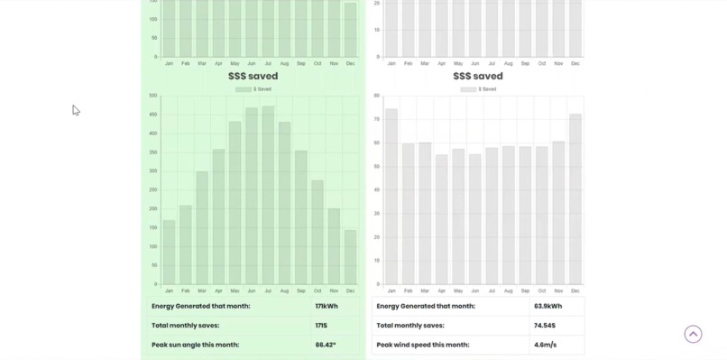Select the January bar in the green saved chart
click(169, 252)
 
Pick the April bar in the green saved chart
click(218, 217)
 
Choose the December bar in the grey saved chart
click(575, 199)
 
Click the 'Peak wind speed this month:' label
click(421, 345)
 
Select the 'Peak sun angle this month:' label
click(195, 345)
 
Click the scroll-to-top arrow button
click(693, 334)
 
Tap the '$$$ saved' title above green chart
click(253, 77)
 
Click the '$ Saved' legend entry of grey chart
click(478, 89)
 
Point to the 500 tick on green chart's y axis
click(153, 96)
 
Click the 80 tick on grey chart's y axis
click(376, 96)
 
